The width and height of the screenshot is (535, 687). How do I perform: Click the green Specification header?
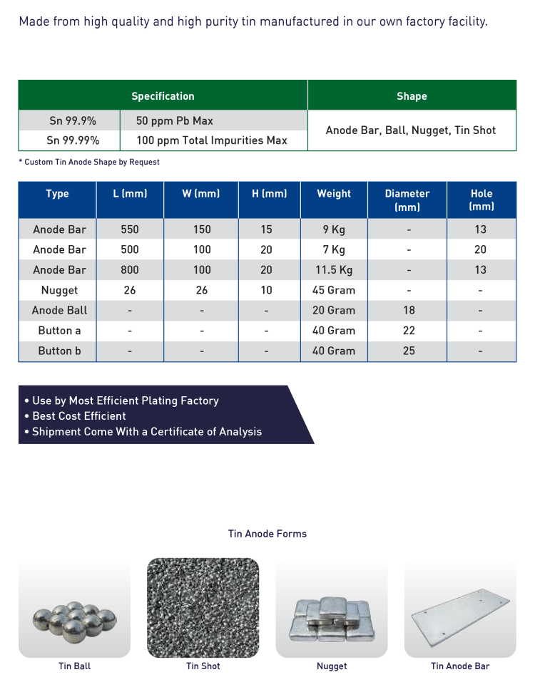163,96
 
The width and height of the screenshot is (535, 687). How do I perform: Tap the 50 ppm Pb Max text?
175,120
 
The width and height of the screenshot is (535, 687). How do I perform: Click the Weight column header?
334,194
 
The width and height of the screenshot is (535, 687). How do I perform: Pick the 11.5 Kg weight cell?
334,270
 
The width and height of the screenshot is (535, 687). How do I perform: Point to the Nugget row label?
59,290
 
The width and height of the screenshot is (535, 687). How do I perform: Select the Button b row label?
59,351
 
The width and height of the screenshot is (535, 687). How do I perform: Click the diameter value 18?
408,310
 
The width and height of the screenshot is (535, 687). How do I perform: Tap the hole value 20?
480,249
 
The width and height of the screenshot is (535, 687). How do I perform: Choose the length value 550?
130,229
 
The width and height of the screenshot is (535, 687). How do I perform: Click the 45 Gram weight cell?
334,290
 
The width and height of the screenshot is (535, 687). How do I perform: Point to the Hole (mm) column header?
481,200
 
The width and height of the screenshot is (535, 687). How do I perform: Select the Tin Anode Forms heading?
267,534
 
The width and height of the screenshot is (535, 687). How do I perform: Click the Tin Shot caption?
203,666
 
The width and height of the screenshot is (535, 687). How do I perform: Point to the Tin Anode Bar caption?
460,666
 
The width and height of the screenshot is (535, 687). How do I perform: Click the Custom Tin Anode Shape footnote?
89,162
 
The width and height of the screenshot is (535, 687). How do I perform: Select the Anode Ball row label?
59,310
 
